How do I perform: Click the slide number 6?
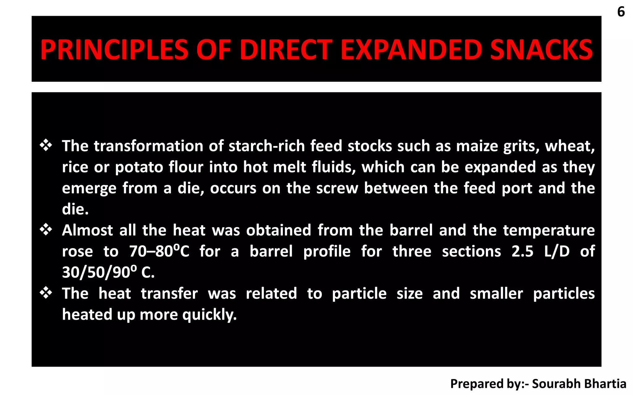pos(621,12)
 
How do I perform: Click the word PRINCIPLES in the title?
pos(114,50)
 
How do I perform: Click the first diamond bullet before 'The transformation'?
pos(46,145)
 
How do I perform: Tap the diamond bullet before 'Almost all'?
pos(46,230)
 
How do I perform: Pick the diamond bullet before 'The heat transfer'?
pos(46,293)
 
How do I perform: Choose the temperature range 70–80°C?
pos(159,251)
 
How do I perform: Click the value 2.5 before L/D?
pos(522,251)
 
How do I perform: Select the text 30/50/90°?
pos(99,272)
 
